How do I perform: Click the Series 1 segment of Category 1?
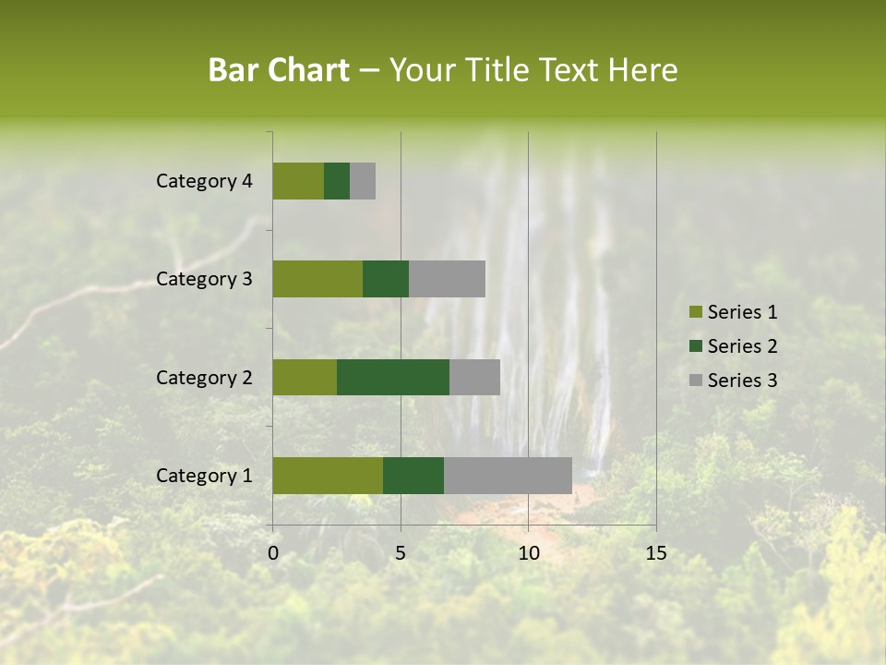coord(328,476)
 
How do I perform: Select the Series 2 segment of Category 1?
coord(413,476)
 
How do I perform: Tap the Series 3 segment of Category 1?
coord(508,476)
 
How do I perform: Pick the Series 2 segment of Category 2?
coord(393,377)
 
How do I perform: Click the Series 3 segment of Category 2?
coord(474,377)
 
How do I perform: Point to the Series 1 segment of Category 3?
coord(317,279)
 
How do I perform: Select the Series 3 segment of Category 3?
coord(447,279)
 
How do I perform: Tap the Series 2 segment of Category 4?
coord(337,181)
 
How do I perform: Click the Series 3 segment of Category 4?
coord(363,181)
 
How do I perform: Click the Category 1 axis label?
coord(204,476)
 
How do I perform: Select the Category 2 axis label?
coord(204,377)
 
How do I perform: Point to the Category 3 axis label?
coord(204,279)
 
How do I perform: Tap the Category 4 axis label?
coord(204,181)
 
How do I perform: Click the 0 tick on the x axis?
coord(273,553)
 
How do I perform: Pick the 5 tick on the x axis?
coord(401,553)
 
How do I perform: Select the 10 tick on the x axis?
coord(528,553)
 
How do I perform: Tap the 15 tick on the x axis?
coord(655,553)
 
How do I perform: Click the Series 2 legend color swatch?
coord(695,346)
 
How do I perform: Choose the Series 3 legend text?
coord(742,381)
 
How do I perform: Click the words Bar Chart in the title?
coord(279,70)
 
